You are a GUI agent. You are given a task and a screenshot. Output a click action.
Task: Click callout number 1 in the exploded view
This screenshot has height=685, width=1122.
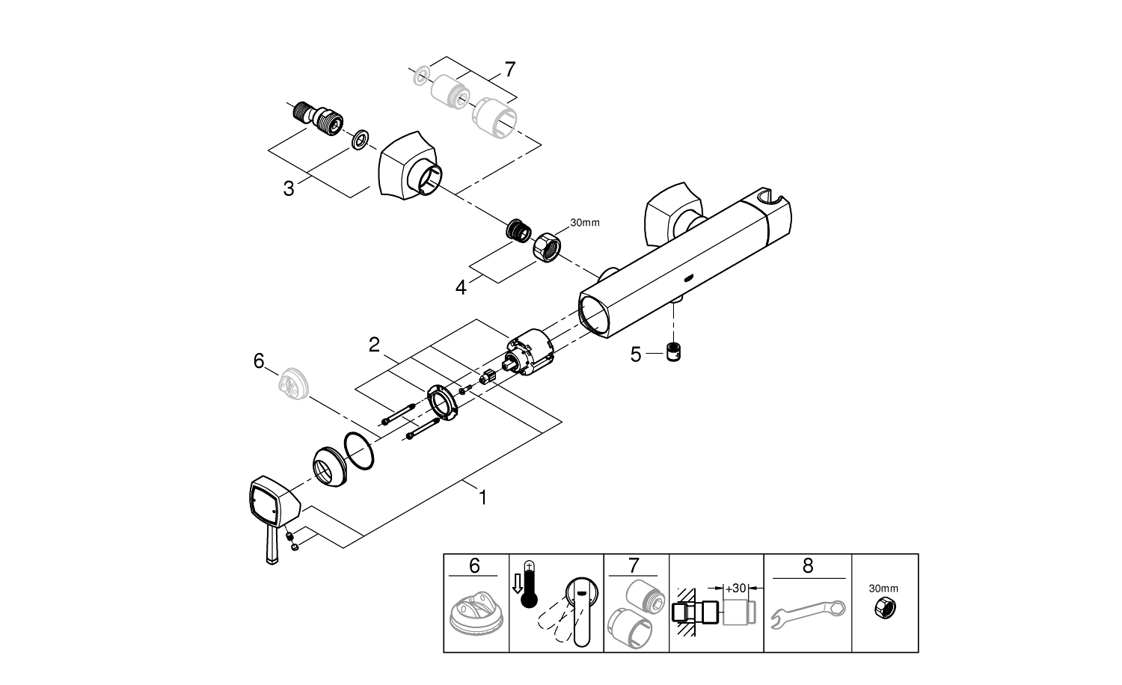tap(482, 497)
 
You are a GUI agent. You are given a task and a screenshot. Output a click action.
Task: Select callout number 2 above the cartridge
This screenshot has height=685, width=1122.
tap(375, 345)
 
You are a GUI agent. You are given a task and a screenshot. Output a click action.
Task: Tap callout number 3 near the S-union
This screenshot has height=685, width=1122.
tap(289, 188)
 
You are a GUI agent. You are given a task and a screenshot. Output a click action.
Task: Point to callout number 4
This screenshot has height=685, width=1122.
tap(461, 286)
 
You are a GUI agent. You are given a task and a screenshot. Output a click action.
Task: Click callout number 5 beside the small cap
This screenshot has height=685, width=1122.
tap(636, 354)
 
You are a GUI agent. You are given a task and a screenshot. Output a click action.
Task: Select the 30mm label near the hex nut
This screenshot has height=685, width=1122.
tap(585, 222)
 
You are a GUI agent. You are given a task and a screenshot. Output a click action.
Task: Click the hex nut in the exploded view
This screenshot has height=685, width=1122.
tap(548, 248)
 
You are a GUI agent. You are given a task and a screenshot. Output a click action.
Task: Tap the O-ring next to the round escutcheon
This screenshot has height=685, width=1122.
tap(358, 451)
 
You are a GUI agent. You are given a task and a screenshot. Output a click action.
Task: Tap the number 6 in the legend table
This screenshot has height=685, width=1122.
tap(475, 566)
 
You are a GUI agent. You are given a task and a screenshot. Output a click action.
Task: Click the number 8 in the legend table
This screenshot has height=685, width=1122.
tap(807, 566)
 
